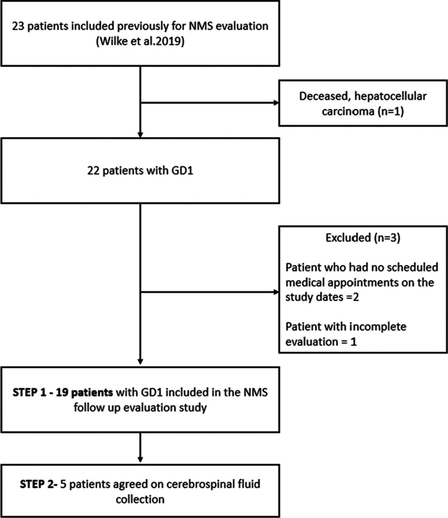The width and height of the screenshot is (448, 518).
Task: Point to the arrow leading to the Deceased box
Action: [x=208, y=103]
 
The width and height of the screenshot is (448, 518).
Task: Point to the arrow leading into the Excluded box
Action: [x=208, y=292]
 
